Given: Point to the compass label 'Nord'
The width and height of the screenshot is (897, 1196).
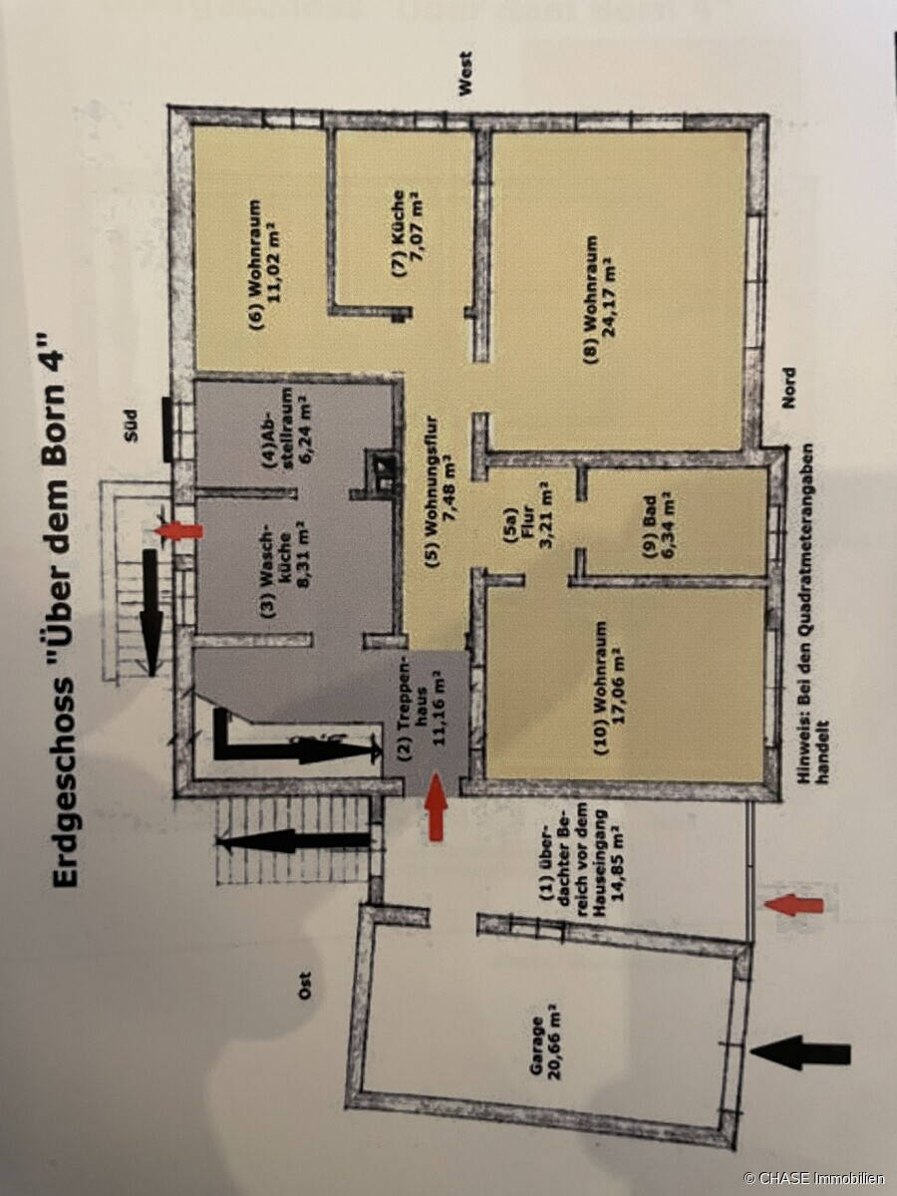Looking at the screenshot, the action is (789, 388).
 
